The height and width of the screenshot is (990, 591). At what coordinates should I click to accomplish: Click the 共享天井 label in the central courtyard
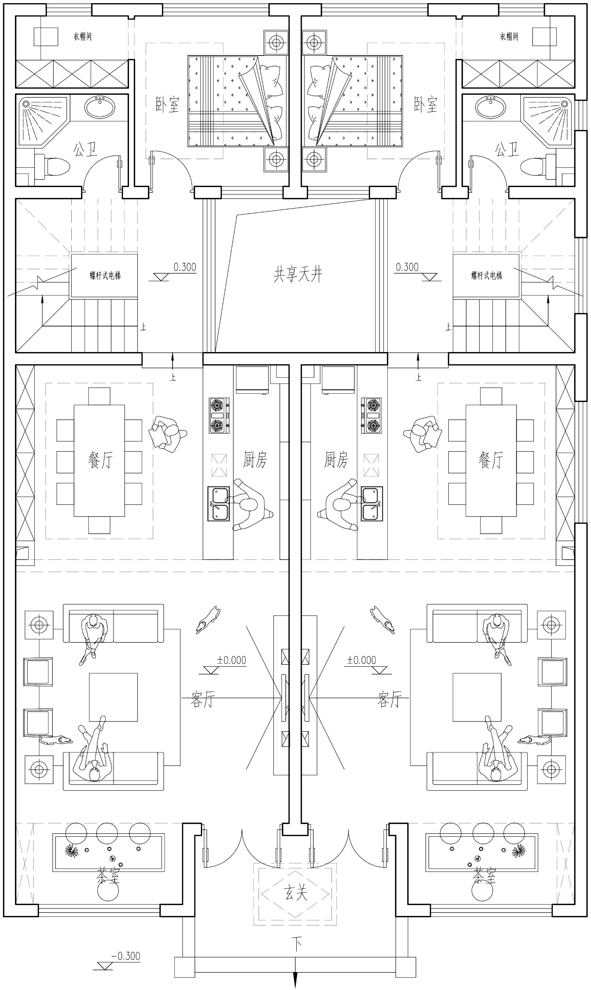[x=297, y=274]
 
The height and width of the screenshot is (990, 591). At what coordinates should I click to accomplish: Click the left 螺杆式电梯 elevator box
[x=104, y=275]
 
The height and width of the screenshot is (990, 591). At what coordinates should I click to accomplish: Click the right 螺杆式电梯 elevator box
[x=486, y=275]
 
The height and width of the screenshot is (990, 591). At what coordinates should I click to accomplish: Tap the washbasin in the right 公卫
[x=491, y=107]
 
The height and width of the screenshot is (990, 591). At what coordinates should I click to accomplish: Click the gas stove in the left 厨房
[x=219, y=415]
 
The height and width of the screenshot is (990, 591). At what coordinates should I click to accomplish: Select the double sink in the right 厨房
[x=372, y=504]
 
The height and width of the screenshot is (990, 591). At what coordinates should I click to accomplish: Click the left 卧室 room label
[x=167, y=104]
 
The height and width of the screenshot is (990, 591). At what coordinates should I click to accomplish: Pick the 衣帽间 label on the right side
[x=509, y=37]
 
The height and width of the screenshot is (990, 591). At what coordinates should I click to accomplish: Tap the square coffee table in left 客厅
[x=113, y=697]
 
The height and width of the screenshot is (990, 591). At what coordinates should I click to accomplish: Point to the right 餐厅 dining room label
[x=491, y=460]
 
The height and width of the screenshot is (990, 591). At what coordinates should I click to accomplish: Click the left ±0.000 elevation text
[x=231, y=660]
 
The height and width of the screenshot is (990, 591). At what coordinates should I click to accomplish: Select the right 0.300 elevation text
[x=407, y=267]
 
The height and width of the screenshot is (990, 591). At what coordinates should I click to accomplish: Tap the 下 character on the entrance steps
[x=296, y=944]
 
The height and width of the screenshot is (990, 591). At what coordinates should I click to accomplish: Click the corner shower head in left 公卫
[x=26, y=104]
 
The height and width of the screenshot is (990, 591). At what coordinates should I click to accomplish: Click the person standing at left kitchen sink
[x=251, y=504]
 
